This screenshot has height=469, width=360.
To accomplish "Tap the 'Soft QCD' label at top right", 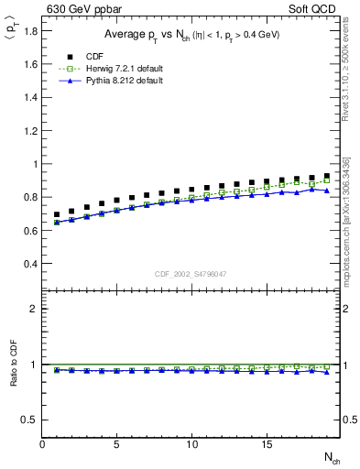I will [311, 9].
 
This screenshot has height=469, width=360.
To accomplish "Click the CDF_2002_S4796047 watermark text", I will [191, 274].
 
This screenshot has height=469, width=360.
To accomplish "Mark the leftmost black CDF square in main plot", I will [57, 214].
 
